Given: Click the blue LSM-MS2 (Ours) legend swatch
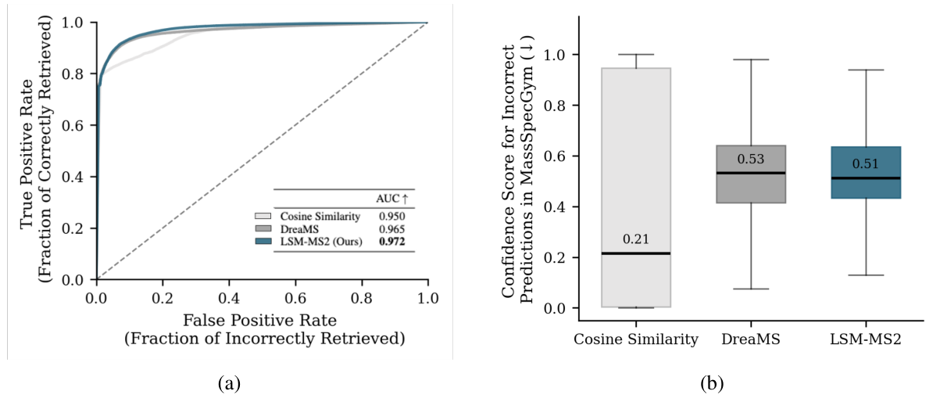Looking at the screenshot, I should [263, 242].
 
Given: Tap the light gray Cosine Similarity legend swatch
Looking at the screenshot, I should [263, 214].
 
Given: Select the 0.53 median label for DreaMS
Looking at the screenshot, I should [751, 159].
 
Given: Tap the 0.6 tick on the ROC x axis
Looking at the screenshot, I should [295, 298].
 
